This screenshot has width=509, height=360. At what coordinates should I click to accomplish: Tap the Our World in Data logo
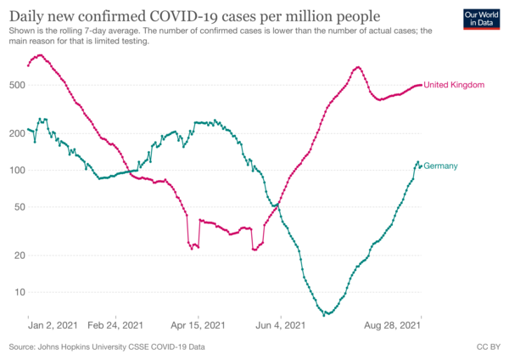[x=481, y=20]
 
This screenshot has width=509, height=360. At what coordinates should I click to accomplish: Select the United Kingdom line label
[x=454, y=85]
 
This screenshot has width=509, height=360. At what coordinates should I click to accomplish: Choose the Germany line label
[x=440, y=166]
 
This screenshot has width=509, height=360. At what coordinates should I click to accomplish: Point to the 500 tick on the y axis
[x=18, y=85]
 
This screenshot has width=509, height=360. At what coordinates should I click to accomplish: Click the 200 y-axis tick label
[x=18, y=133]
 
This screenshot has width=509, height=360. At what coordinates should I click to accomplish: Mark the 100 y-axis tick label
[x=18, y=171]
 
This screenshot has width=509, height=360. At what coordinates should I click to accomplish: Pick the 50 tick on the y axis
[x=20, y=207]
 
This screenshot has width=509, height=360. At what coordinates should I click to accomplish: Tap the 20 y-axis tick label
[x=20, y=256]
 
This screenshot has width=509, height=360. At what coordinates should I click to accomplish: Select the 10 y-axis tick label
[x=20, y=292]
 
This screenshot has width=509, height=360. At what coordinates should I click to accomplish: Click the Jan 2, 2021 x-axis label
[x=53, y=325]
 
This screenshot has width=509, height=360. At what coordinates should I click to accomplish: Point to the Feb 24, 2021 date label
[x=115, y=325]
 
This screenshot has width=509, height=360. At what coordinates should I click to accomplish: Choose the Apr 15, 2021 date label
[x=198, y=325]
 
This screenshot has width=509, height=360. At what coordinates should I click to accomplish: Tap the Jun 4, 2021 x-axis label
[x=281, y=325]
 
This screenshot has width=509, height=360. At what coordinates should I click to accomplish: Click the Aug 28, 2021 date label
[x=393, y=325]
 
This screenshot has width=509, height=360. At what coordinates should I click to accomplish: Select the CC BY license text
[x=489, y=347]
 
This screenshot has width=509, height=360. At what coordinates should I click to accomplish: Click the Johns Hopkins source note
[x=107, y=347]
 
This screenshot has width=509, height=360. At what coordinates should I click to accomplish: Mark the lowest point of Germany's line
[x=324, y=315]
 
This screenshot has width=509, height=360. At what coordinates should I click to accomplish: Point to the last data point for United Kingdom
[x=421, y=85]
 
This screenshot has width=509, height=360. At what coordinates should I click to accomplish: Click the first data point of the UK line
[x=28, y=65]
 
